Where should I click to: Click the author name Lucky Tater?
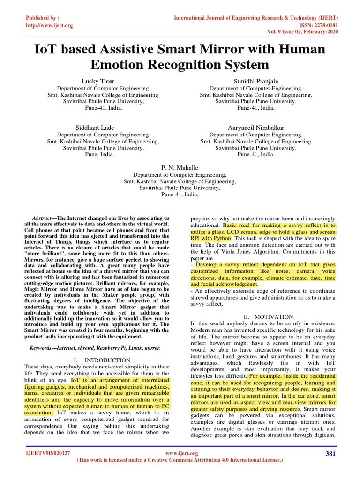(98, 81)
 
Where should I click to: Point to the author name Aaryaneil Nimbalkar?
(256, 127)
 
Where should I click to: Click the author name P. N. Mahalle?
(180, 167)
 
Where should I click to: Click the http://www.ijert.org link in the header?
(49, 25)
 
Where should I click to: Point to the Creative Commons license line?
(180, 460)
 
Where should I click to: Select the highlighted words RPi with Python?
(210, 238)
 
